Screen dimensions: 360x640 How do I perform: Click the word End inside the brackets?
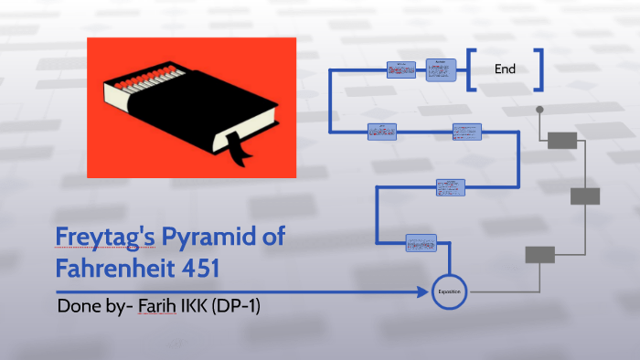click(505, 69)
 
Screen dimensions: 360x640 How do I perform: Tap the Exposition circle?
click(450, 291)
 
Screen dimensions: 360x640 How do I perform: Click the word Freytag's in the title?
click(104, 240)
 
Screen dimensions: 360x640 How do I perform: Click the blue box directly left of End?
click(441, 69)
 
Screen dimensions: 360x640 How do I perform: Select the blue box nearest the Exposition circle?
click(421, 244)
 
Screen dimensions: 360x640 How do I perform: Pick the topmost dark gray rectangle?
click(561, 140)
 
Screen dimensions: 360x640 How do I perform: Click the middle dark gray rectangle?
click(584, 196)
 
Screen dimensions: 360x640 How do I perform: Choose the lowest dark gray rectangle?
click(539, 254)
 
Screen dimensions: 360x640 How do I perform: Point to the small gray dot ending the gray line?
click(539, 109)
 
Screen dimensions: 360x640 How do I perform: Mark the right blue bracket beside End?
click(539, 69)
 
